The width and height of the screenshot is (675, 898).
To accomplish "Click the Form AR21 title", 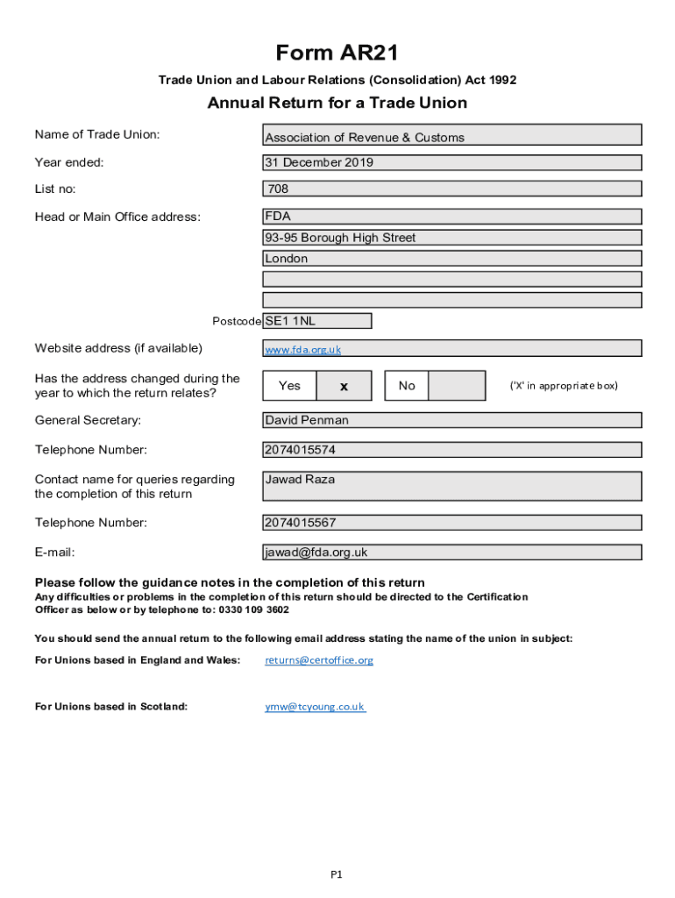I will pyautogui.click(x=337, y=53).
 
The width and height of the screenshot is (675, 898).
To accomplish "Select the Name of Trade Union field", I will pyautogui.click(x=452, y=135).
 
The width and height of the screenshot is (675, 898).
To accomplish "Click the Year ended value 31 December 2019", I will pyautogui.click(x=452, y=162).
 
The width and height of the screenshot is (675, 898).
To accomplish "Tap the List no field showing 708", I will pyautogui.click(x=452, y=189).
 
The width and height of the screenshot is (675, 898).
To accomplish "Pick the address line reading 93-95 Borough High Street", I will pyautogui.click(x=452, y=238).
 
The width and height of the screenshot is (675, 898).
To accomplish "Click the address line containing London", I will pyautogui.click(x=452, y=259).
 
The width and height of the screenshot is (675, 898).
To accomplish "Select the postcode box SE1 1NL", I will pyautogui.click(x=317, y=321).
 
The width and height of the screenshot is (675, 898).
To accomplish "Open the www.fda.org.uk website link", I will pyautogui.click(x=303, y=349).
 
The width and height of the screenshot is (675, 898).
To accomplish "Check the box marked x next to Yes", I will pyautogui.click(x=344, y=386).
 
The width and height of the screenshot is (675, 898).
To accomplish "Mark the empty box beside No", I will pyautogui.click(x=457, y=386).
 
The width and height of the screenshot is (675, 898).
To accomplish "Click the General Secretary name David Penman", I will pyautogui.click(x=452, y=420).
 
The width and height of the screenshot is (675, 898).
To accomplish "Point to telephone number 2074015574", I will pyautogui.click(x=452, y=450).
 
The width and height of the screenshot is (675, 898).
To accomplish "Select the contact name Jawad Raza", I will pyautogui.click(x=452, y=486).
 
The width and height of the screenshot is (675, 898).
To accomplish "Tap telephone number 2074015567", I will pyautogui.click(x=452, y=523).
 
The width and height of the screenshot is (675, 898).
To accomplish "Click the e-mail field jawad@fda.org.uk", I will pyautogui.click(x=452, y=552).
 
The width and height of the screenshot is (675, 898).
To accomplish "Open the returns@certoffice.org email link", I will pyautogui.click(x=319, y=660).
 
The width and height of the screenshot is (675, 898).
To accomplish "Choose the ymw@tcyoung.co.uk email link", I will pyautogui.click(x=315, y=707).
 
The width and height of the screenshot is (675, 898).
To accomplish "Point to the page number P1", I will pyautogui.click(x=337, y=874).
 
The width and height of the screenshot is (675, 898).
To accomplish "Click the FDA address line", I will pyautogui.click(x=452, y=217).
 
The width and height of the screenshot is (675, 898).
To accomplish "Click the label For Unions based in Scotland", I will pyautogui.click(x=111, y=707).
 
